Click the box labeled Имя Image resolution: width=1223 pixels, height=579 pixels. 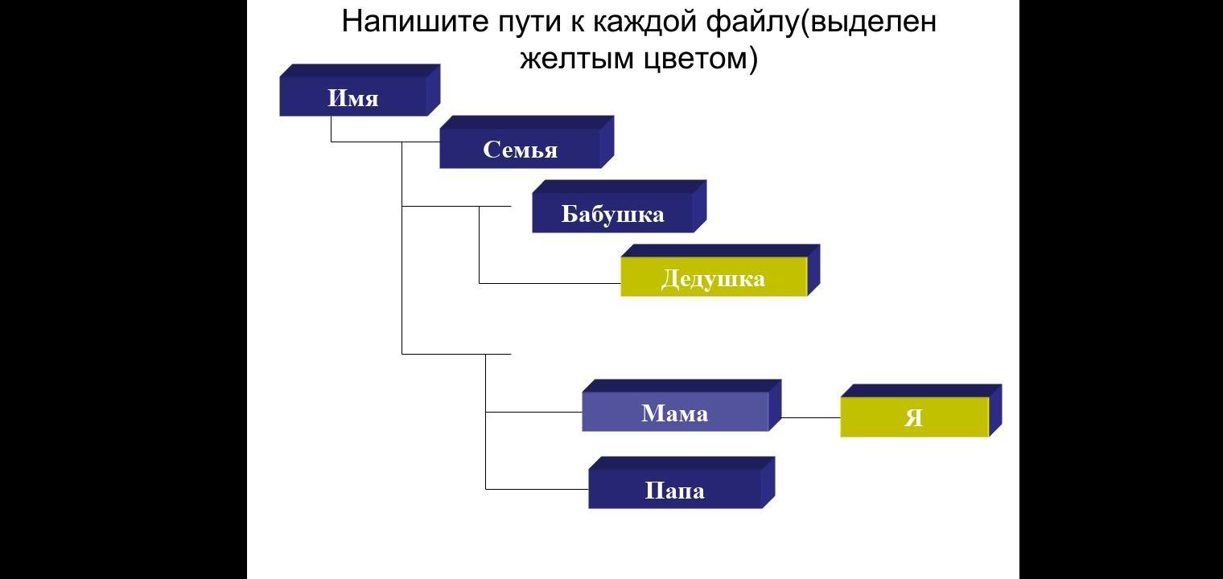pos(353,97)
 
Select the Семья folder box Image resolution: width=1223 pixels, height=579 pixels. pos(520,149)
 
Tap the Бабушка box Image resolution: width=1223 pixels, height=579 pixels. pos(612,213)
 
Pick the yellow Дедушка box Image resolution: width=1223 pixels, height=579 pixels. pos(713,278)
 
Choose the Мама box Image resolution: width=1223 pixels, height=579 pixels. pos(674,413)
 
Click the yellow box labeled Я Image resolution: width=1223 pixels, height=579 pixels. pos(914,417)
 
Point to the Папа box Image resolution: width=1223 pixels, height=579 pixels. pos(674,490)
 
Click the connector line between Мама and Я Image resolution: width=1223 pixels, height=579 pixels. pos(810,417)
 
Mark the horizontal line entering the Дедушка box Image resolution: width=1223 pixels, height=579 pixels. pos(550,283)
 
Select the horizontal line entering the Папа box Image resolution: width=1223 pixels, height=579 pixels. pos(537,488)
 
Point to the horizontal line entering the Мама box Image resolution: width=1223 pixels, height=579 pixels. pos(533,412)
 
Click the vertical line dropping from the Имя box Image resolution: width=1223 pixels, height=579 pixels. pos(331,129)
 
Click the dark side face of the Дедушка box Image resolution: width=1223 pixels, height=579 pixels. pos(813,271)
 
